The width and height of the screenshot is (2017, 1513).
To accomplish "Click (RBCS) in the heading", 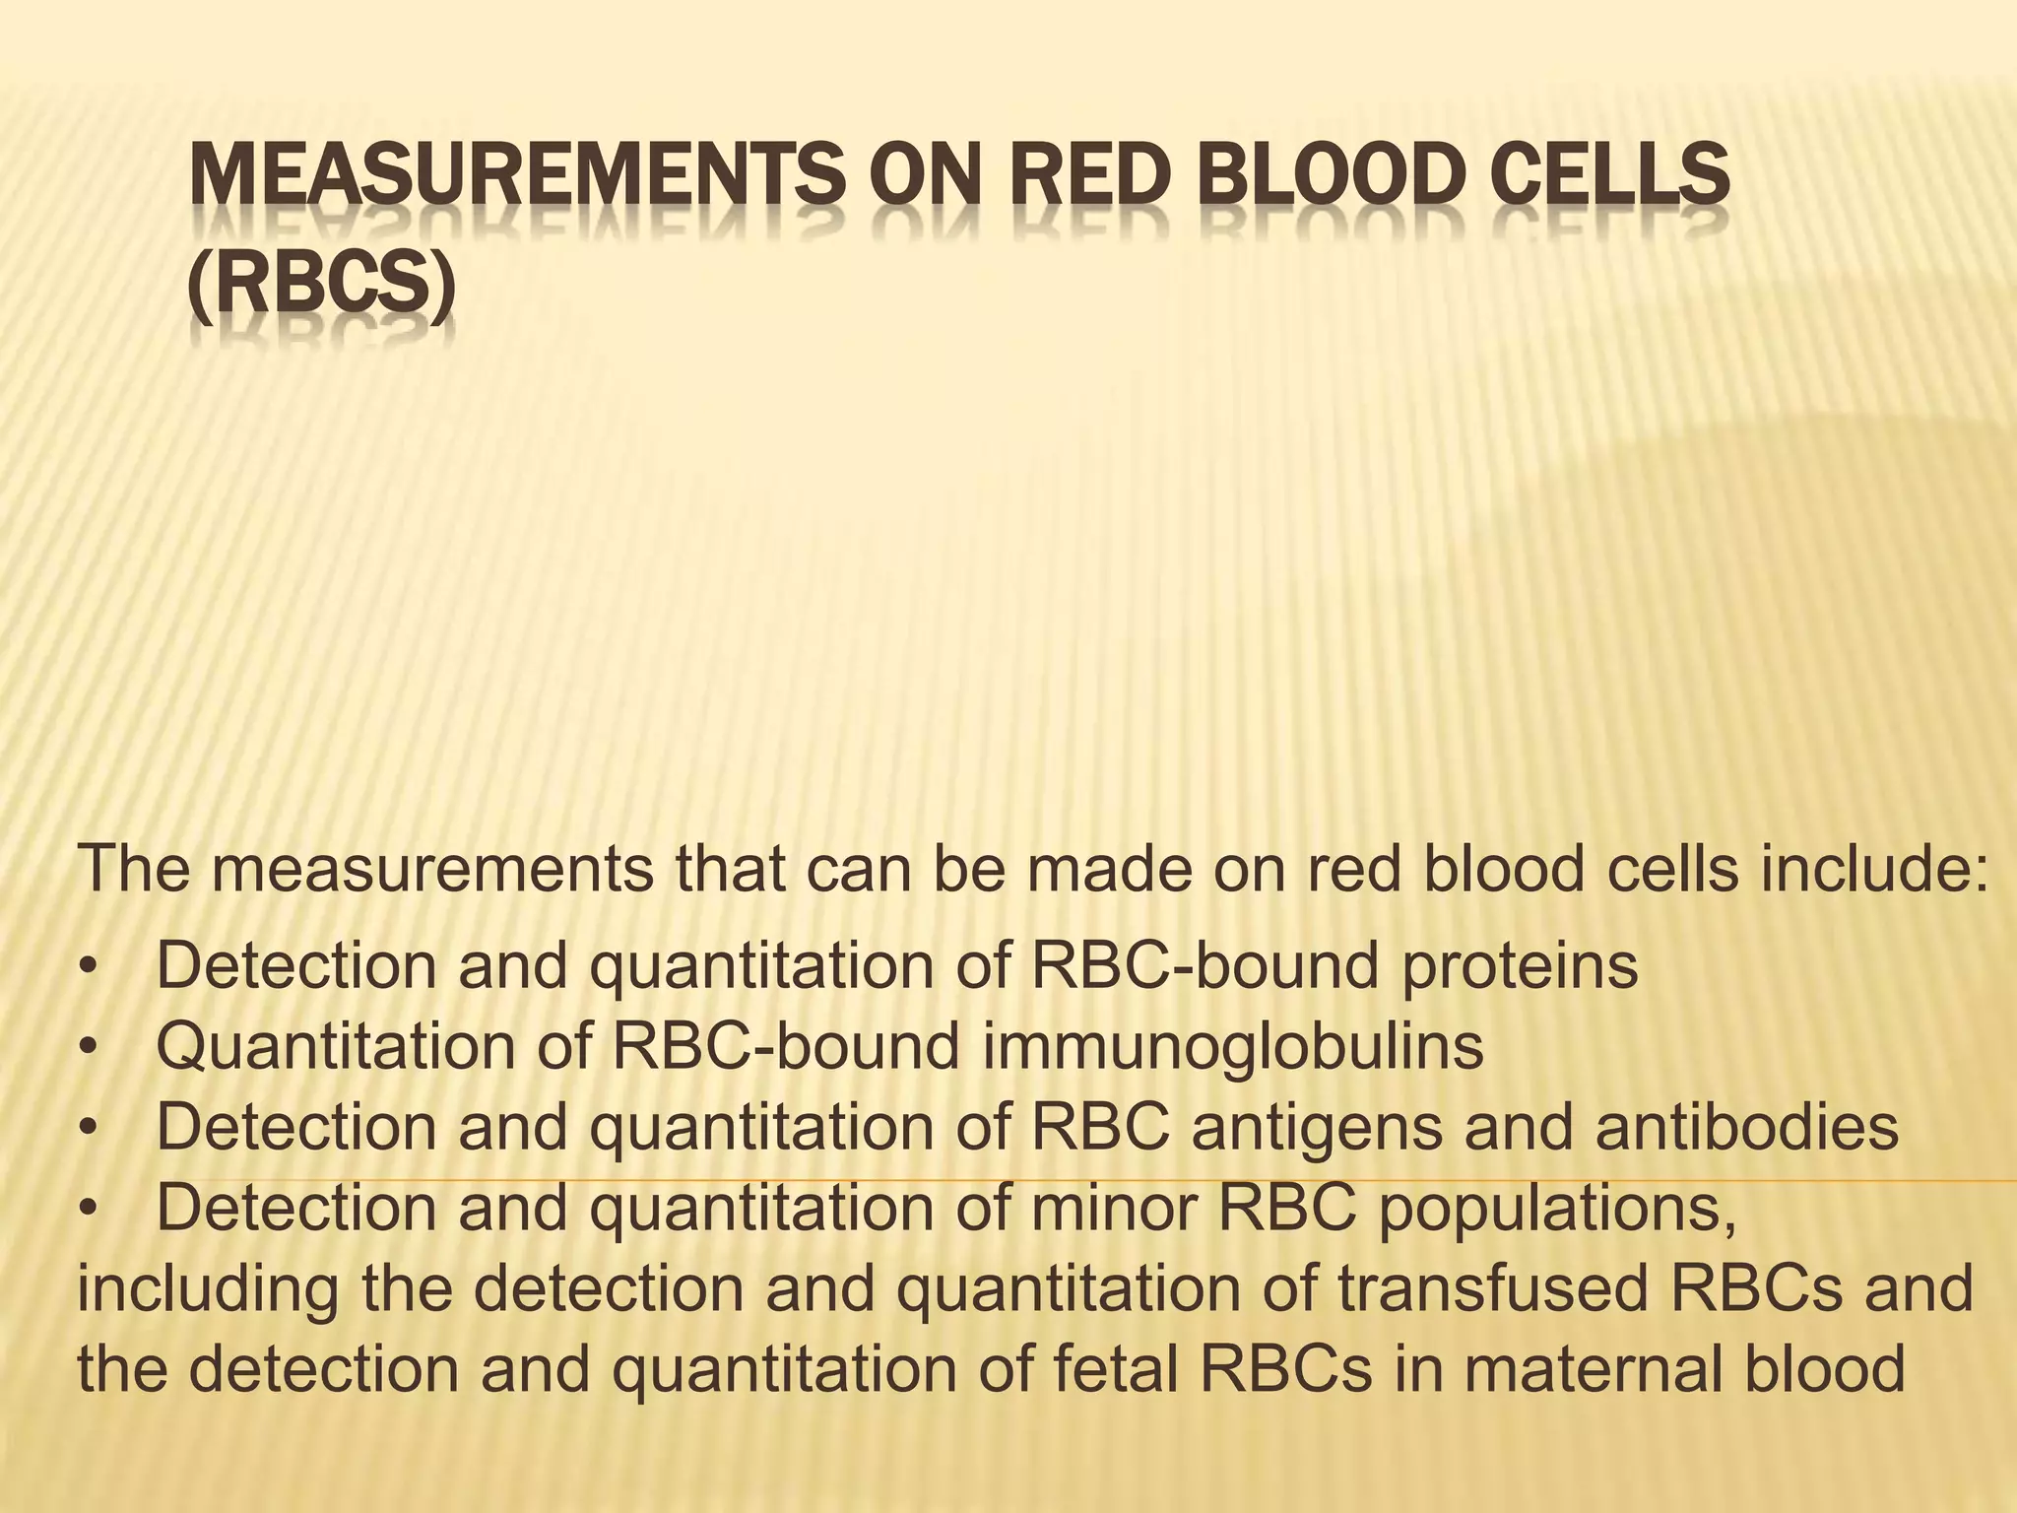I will pos(322,286).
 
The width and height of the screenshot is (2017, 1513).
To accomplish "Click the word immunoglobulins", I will pos(1232,1046).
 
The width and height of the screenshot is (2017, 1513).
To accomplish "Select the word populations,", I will pos(1557,1210).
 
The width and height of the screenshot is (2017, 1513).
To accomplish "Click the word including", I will pos(208,1290).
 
